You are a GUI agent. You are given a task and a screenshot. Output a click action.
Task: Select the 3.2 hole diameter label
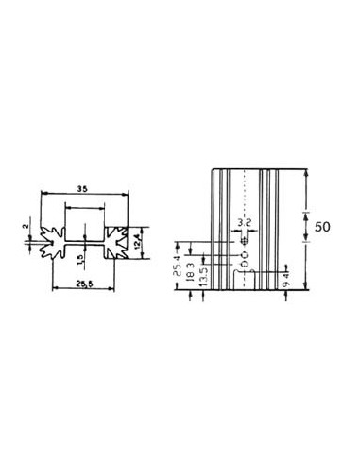point(245,223)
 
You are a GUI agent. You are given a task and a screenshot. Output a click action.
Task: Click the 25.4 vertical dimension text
point(179,268)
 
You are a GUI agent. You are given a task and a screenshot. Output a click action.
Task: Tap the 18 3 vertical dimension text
point(191,270)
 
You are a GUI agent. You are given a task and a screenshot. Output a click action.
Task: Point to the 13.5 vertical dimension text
point(203,275)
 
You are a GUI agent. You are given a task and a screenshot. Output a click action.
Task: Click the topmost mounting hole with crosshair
point(245,240)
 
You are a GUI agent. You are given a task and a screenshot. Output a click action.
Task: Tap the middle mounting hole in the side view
point(245,254)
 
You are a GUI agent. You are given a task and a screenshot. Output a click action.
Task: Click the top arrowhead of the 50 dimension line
point(306,173)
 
